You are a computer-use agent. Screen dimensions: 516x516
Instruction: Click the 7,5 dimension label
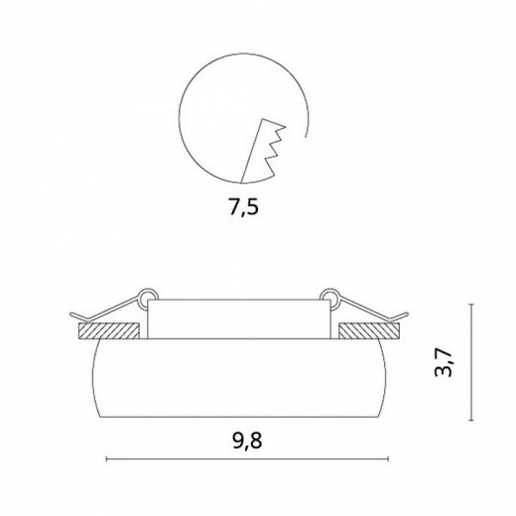(x=244, y=207)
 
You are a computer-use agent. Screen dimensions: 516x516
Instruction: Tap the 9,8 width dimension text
(x=247, y=441)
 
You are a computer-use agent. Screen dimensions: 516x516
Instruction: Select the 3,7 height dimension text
(x=443, y=362)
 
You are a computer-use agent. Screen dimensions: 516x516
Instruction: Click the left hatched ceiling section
(x=108, y=331)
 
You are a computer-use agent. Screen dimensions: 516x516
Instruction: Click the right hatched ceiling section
(x=369, y=331)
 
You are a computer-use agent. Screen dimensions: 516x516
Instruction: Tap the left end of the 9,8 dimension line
(x=106, y=458)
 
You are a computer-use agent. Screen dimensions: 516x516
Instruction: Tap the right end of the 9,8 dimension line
(x=388, y=458)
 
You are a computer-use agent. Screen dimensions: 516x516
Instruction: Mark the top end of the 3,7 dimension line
(x=471, y=304)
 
